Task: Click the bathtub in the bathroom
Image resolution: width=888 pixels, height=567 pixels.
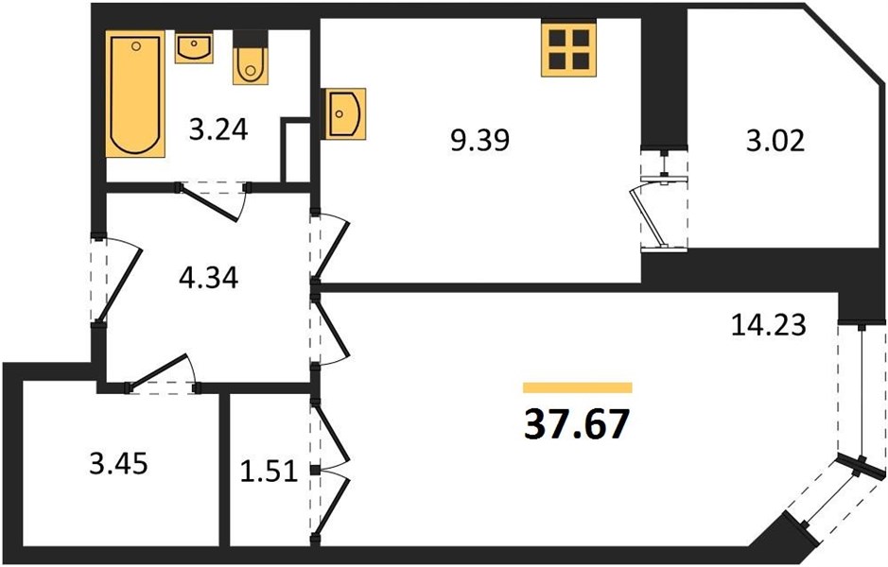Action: [x=135, y=94]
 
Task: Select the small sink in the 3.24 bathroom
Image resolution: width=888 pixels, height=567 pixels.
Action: [x=194, y=48]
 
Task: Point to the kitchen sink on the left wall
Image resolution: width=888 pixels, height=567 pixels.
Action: [x=344, y=113]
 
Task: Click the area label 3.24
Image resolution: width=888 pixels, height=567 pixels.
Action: [x=218, y=130]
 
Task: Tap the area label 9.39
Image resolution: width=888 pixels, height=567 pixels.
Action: [x=480, y=140]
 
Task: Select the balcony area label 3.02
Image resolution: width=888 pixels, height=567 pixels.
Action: [x=775, y=141]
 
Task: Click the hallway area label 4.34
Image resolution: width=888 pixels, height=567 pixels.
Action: [x=208, y=278]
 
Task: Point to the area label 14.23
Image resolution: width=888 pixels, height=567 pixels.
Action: [x=769, y=325]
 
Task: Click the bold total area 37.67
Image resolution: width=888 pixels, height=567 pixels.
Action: [x=577, y=424]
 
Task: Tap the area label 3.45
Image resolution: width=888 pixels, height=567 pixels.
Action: [x=118, y=463]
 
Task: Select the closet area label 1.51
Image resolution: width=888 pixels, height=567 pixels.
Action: [x=269, y=471]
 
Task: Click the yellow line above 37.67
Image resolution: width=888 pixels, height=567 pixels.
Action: [x=577, y=387]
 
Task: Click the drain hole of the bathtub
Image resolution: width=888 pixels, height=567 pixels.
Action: [x=136, y=46]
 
